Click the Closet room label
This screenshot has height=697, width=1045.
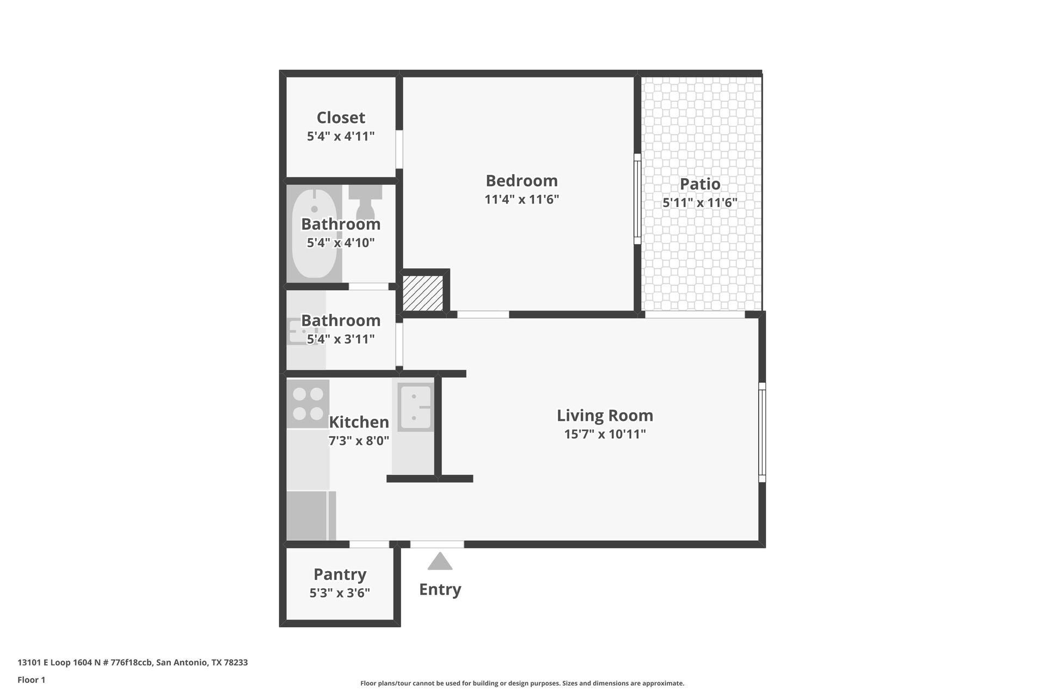341,118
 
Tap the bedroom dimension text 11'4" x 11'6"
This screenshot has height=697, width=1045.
521,199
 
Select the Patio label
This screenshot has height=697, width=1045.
700,184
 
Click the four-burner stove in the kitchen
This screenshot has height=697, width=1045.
308,403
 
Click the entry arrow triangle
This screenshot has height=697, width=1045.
440,561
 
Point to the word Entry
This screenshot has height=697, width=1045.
440,589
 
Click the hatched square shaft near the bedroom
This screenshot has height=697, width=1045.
423,293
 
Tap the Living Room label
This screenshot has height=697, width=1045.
605,415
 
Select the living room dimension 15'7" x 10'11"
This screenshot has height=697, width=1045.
605,434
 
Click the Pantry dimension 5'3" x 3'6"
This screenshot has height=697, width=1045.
340,593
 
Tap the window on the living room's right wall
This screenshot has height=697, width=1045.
762,432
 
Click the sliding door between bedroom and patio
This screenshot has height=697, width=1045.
637,199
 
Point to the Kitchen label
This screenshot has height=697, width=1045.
359,422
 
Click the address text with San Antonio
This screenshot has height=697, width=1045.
132,662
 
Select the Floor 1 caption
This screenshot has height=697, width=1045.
31,680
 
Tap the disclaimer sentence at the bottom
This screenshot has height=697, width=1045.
522,683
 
